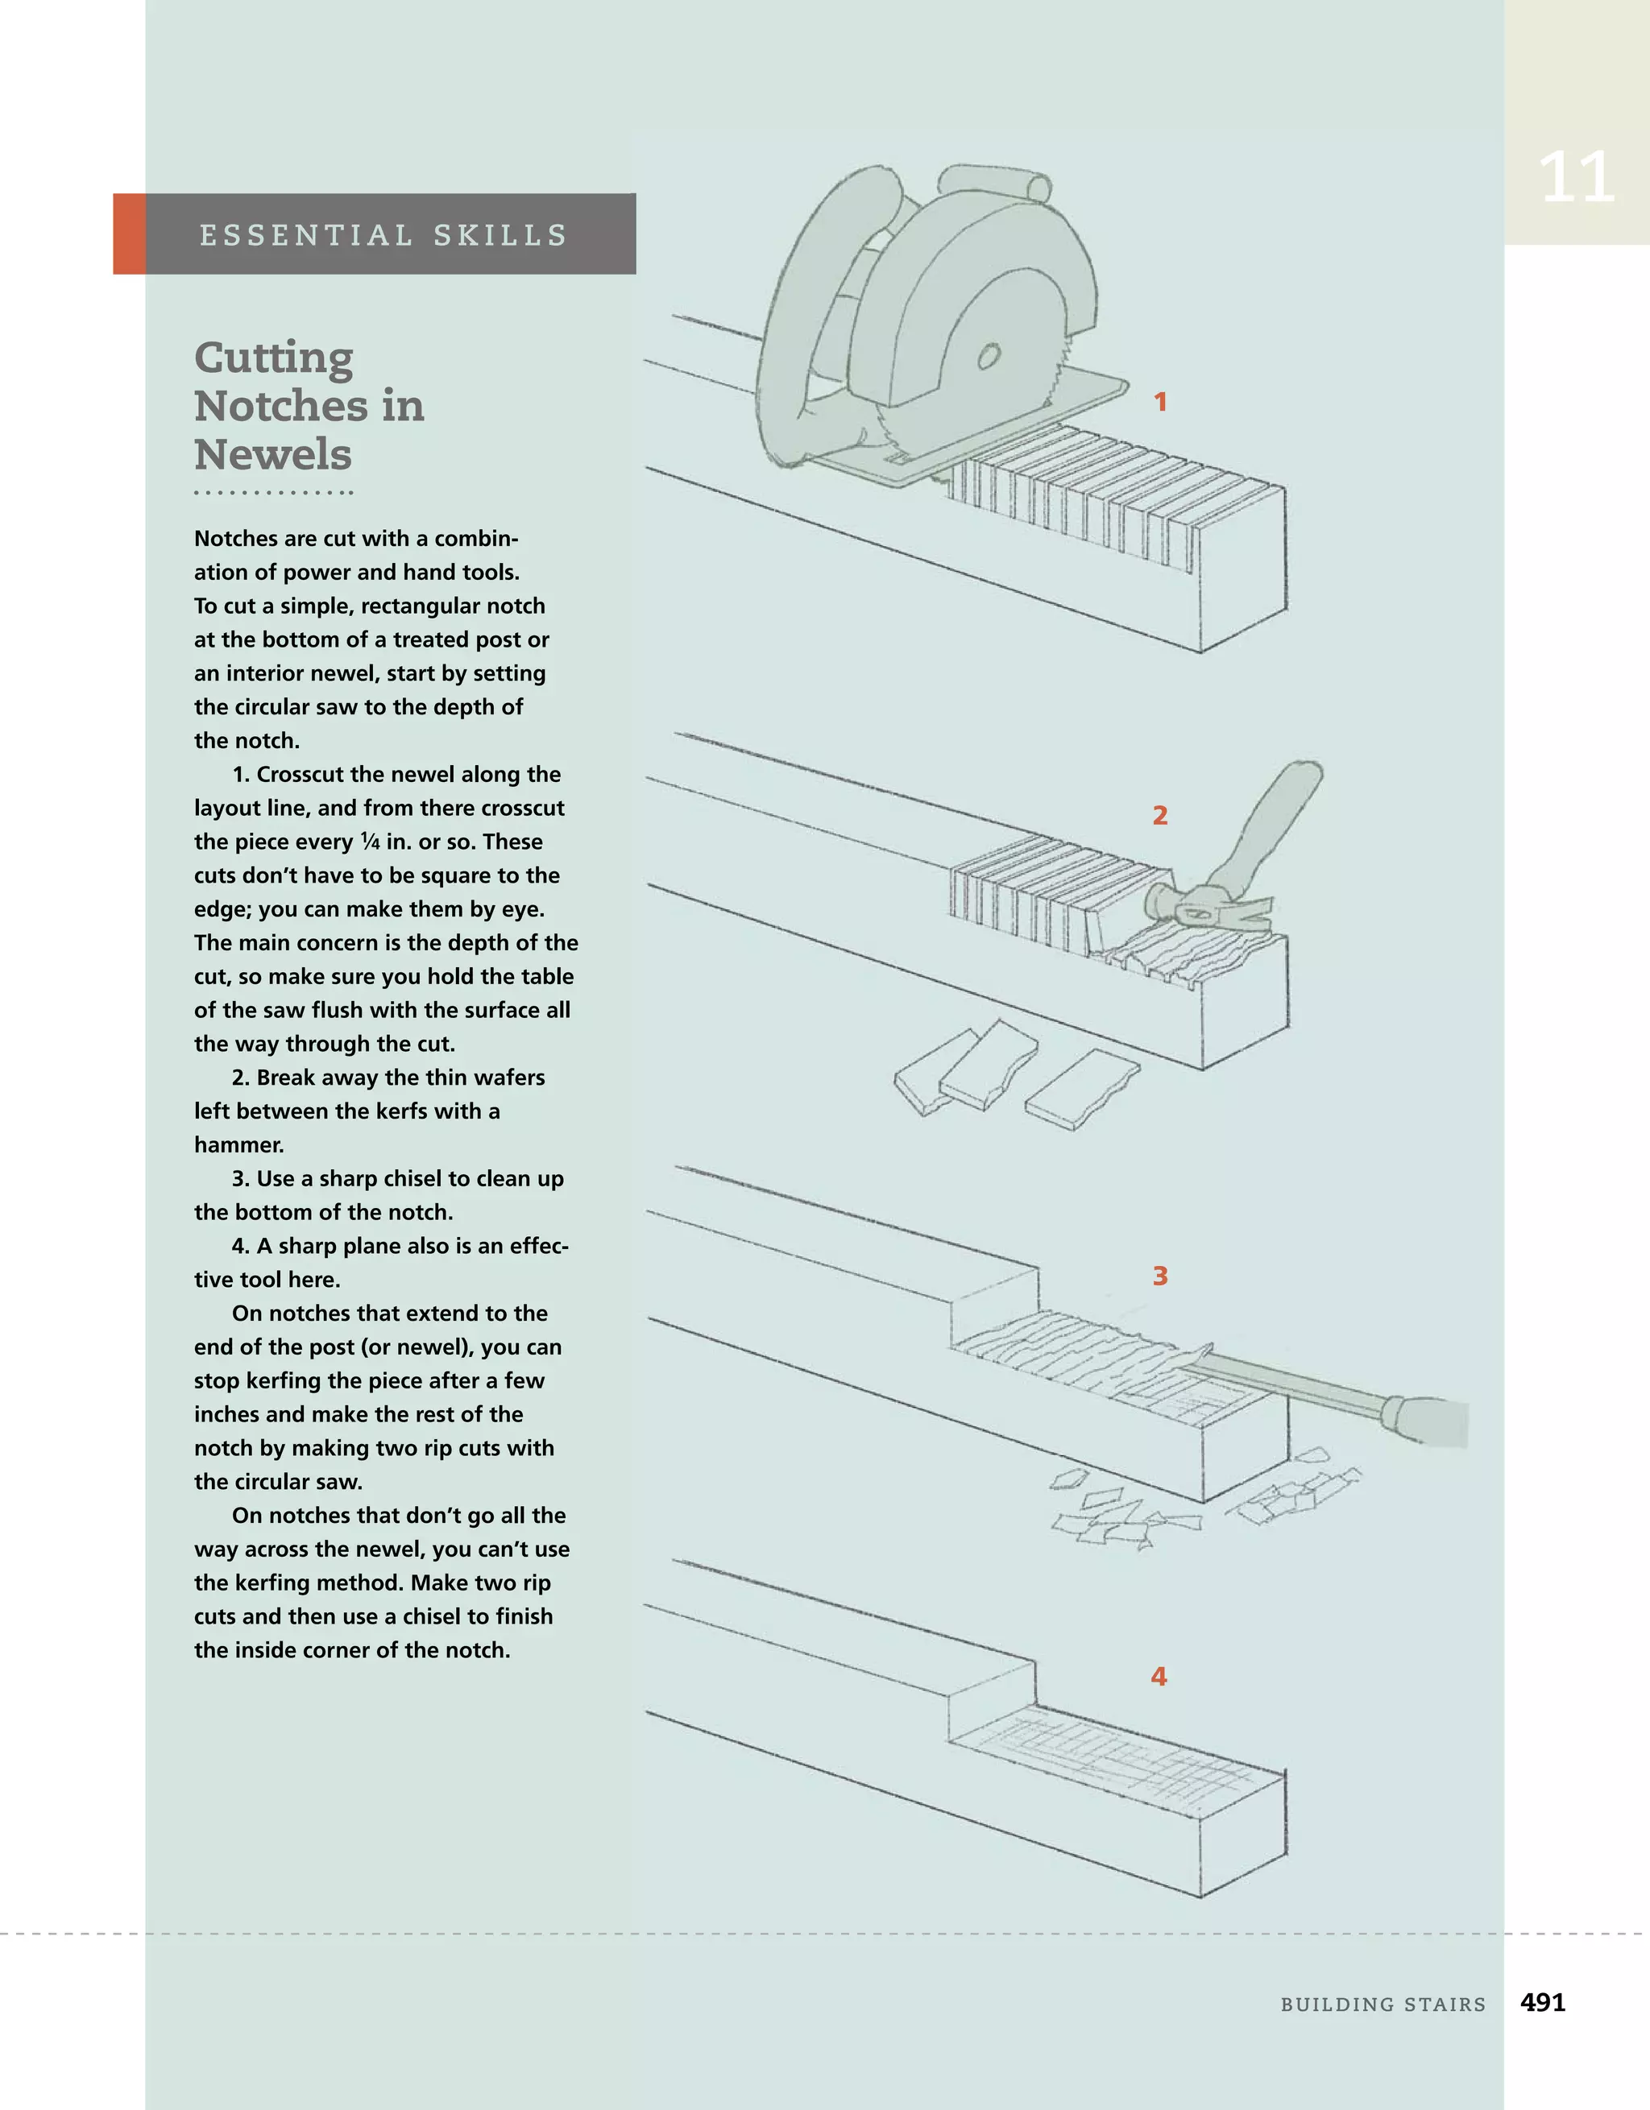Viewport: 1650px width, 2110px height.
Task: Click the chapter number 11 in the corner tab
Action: (x=1576, y=178)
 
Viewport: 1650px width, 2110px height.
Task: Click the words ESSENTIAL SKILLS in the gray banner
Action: (x=383, y=235)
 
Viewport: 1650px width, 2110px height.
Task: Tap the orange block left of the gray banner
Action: (x=130, y=234)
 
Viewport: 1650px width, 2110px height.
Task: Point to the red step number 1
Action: (x=1160, y=402)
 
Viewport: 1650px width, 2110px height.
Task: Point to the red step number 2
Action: (x=1160, y=815)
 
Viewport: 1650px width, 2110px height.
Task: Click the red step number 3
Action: (x=1160, y=1276)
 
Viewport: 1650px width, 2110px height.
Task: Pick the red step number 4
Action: (x=1159, y=1676)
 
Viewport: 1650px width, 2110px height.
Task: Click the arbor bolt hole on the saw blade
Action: (x=987, y=358)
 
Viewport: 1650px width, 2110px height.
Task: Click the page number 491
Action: (x=1543, y=2003)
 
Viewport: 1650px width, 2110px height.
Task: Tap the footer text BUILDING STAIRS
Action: (x=1383, y=2004)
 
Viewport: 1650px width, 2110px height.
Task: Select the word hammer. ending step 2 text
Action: (x=238, y=1145)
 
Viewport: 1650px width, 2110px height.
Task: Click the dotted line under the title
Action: (x=274, y=493)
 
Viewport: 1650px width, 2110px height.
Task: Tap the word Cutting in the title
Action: (x=274, y=358)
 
